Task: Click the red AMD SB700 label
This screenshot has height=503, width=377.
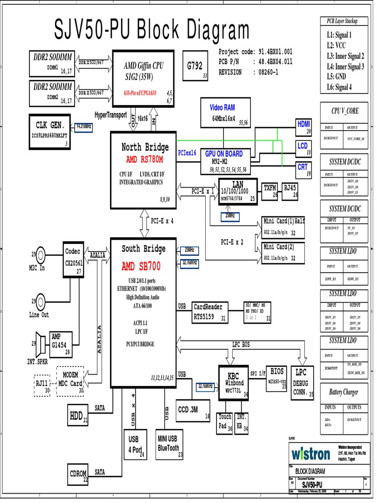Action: (x=141, y=266)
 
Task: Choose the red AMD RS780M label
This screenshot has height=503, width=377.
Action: (x=144, y=160)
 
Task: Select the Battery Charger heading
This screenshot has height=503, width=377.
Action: (x=344, y=392)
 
